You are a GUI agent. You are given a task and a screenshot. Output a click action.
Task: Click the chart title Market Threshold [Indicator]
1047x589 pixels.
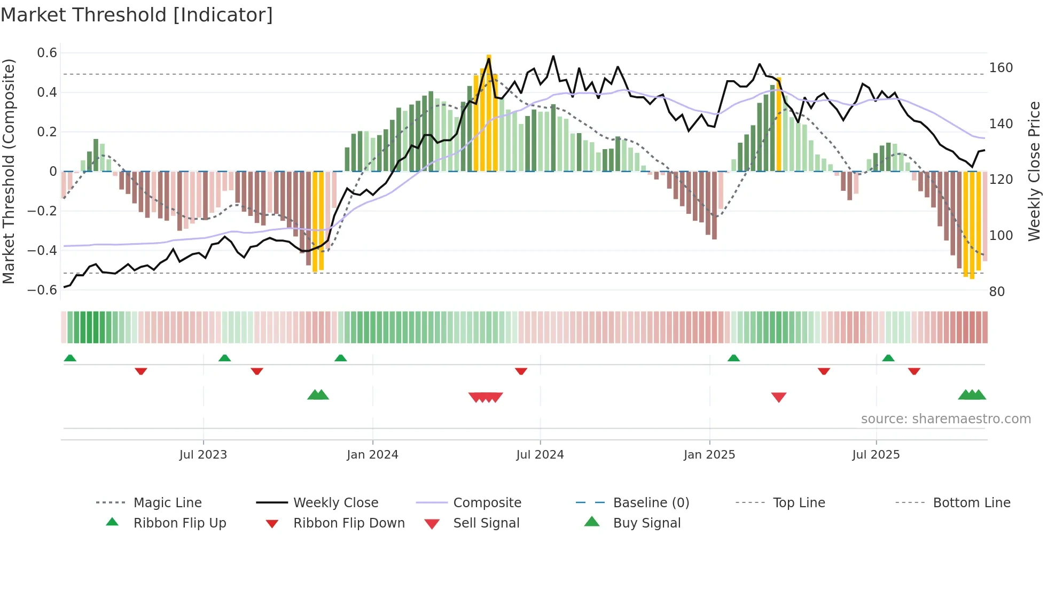pos(137,15)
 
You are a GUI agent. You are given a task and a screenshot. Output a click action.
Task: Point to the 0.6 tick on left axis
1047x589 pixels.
pos(47,53)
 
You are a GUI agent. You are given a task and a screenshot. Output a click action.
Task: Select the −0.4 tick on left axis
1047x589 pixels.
pos(42,250)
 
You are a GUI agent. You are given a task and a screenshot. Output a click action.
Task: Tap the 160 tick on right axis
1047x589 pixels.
pos(1001,68)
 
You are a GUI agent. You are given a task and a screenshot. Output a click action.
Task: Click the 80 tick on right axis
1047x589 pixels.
pos(997,291)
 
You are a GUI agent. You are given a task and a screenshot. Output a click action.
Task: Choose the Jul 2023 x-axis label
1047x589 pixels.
pos(203,455)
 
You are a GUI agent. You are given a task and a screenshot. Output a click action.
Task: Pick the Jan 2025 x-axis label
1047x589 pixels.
pos(709,455)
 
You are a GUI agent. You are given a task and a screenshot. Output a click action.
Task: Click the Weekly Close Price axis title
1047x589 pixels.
pos(1034,171)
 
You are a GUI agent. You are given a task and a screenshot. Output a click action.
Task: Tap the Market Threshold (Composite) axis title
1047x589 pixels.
pos(9,171)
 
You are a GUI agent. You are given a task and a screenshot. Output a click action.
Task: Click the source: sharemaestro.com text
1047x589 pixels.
pos(946,419)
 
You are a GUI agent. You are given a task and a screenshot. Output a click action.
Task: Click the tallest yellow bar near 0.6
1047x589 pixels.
pos(489,112)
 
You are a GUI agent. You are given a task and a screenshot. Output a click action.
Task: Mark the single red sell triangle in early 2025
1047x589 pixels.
pos(778,397)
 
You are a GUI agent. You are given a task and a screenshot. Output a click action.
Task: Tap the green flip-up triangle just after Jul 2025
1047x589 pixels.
pos(888,358)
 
